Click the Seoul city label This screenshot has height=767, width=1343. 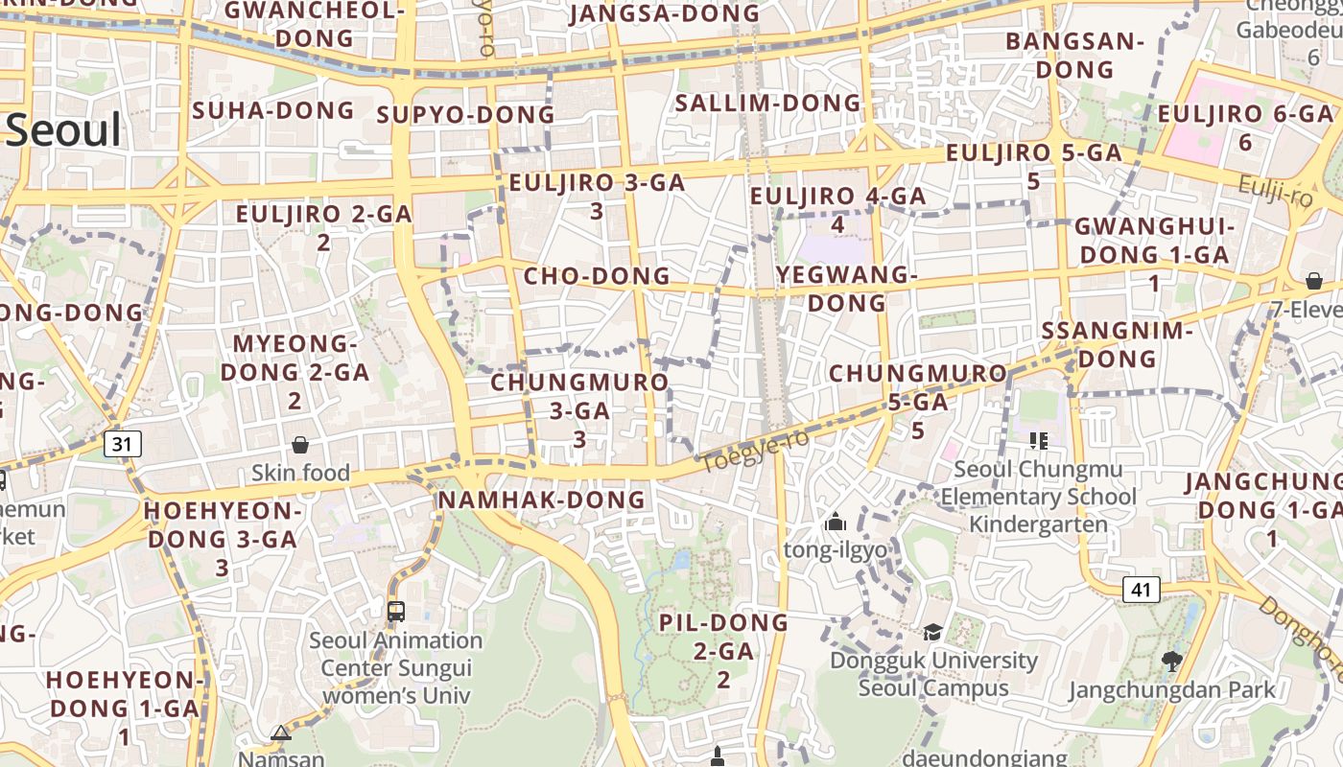pyautogui.click(x=63, y=130)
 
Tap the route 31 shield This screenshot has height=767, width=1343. pyautogui.click(x=122, y=444)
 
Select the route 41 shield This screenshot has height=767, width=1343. pyautogui.click(x=1140, y=590)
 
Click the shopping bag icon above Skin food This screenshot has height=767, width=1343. pyautogui.click(x=300, y=445)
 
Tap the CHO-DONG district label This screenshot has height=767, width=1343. pyautogui.click(x=596, y=276)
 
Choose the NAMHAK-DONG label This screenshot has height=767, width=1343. pyautogui.click(x=541, y=500)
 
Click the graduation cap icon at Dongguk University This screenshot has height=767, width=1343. pyautogui.click(x=931, y=632)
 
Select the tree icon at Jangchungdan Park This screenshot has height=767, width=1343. pyautogui.click(x=1170, y=660)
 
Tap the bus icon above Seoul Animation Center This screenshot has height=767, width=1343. pyautogui.click(x=395, y=611)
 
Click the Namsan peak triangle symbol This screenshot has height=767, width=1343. pyautogui.click(x=280, y=733)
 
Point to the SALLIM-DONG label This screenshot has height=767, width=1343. pyautogui.click(x=768, y=103)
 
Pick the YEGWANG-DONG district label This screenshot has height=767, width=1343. pyautogui.click(x=846, y=289)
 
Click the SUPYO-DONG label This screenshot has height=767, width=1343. pyautogui.click(x=465, y=115)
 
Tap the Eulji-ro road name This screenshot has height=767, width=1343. pyautogui.click(x=1274, y=191)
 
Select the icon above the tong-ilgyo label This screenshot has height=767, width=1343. pyautogui.click(x=836, y=523)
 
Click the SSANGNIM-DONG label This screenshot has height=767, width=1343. pyautogui.click(x=1117, y=344)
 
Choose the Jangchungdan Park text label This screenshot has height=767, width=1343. pyautogui.click(x=1171, y=689)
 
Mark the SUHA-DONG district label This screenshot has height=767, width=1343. pyautogui.click(x=273, y=110)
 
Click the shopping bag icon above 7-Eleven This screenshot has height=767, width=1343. pyautogui.click(x=1313, y=281)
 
